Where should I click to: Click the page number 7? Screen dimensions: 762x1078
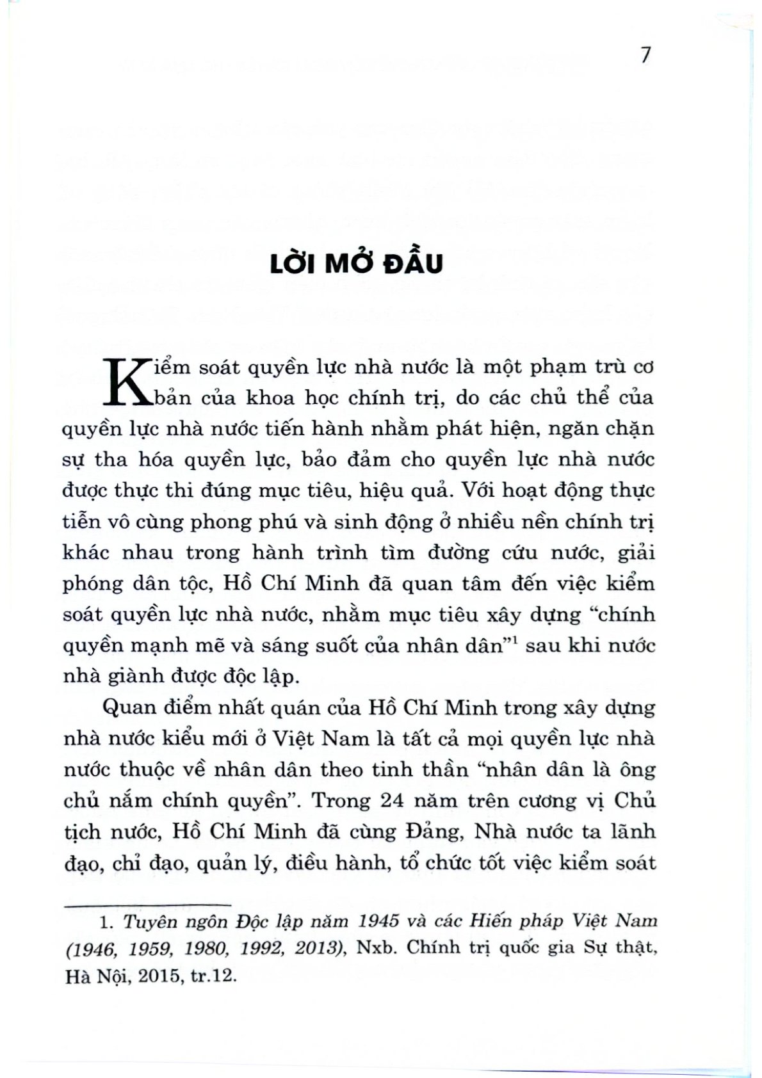click(x=645, y=55)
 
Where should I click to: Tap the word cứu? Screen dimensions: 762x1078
click(x=521, y=552)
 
